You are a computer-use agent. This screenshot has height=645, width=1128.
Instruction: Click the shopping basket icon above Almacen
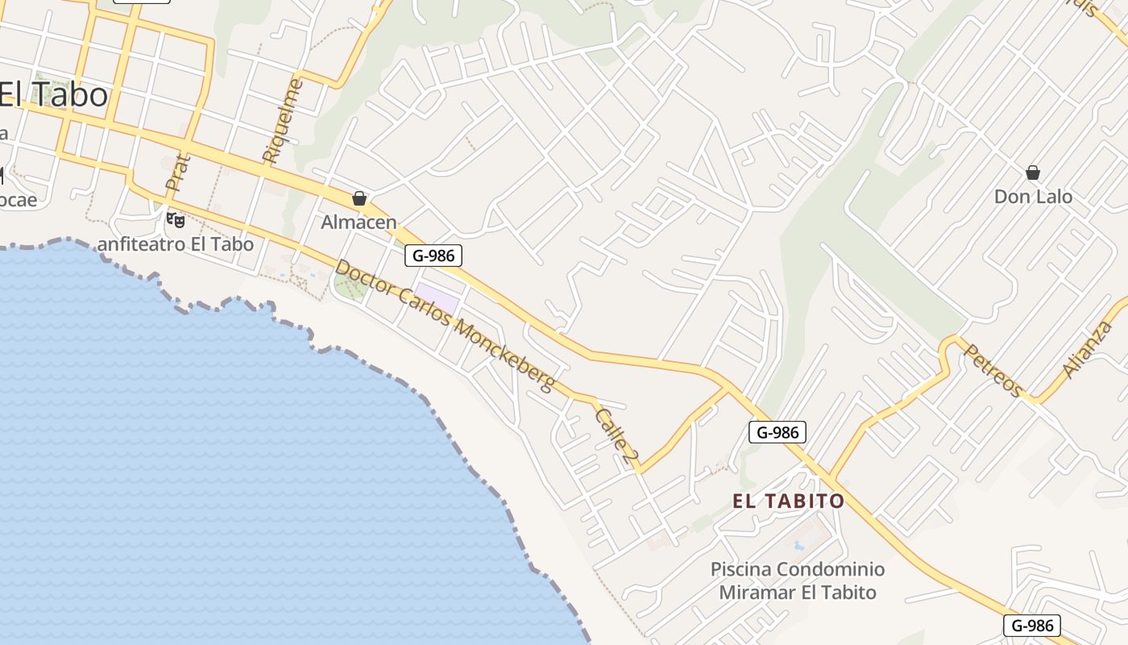[359, 198]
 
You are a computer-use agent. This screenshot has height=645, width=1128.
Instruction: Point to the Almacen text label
[359, 222]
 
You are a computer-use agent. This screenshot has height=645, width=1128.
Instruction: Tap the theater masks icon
[175, 218]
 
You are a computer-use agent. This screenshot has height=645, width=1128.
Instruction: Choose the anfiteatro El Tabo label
[176, 243]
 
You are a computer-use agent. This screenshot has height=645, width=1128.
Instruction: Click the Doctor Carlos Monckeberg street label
[445, 324]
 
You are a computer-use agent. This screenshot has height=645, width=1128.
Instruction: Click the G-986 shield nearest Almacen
[433, 256]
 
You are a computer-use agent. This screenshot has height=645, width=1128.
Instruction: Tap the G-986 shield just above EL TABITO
[778, 432]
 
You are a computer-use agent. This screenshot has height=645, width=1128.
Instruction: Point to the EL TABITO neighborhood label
[789, 501]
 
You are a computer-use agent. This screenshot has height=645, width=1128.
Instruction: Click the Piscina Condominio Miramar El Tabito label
[798, 580]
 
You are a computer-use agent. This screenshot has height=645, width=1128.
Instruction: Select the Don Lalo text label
[1033, 197]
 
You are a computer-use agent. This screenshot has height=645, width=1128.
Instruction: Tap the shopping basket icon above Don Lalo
[1033, 173]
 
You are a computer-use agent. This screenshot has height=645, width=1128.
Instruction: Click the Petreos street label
[993, 371]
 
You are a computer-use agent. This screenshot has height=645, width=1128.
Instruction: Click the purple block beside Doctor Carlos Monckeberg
[437, 298]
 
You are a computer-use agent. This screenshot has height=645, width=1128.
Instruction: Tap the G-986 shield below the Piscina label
[1032, 625]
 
